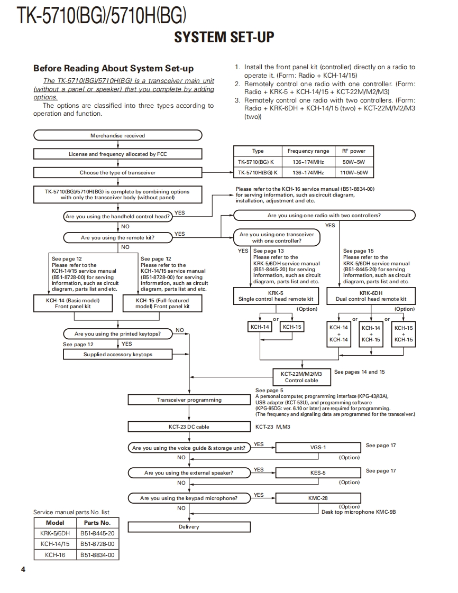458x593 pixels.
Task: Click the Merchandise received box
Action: click(117, 136)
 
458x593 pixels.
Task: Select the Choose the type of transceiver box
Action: click(117, 172)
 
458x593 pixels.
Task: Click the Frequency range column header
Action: click(308, 151)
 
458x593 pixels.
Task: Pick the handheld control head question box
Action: click(117, 217)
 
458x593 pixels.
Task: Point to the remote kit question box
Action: click(117, 238)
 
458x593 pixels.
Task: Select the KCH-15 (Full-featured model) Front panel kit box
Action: click(162, 303)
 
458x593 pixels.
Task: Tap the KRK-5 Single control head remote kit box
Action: click(276, 296)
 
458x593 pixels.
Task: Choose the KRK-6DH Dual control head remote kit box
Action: click(371, 296)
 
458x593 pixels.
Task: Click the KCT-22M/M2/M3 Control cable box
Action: click(301, 377)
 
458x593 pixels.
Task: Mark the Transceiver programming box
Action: click(189, 400)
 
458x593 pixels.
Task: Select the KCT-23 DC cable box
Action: click(189, 427)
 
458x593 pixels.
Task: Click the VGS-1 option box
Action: click(318, 448)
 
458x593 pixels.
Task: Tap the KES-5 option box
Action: click(318, 473)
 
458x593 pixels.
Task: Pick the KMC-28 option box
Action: click(318, 498)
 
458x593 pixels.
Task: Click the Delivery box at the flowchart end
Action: click(189, 527)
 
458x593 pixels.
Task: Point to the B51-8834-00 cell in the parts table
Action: click(97, 555)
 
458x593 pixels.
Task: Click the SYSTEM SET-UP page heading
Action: click(224, 37)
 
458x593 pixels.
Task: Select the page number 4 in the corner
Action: click(23, 569)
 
